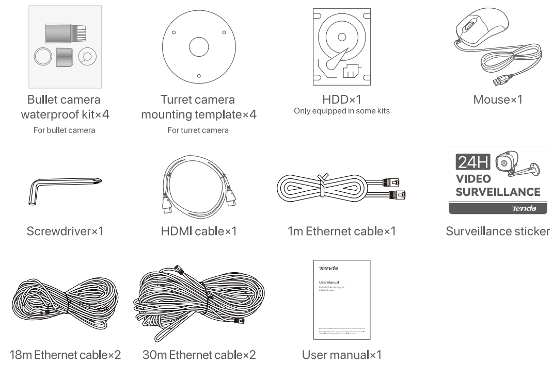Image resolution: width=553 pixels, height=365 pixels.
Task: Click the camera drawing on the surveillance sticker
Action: (516, 165)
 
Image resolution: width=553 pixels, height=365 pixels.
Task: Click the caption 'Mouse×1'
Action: (498, 100)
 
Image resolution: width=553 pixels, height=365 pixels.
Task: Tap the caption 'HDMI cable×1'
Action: (198, 231)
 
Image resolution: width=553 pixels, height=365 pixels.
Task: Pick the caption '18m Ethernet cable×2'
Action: (65, 355)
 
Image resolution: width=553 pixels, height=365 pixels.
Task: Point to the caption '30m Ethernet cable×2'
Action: (199, 355)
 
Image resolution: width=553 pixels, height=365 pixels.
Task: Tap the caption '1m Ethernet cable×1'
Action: (342, 231)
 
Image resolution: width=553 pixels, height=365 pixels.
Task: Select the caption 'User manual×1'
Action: (342, 355)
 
